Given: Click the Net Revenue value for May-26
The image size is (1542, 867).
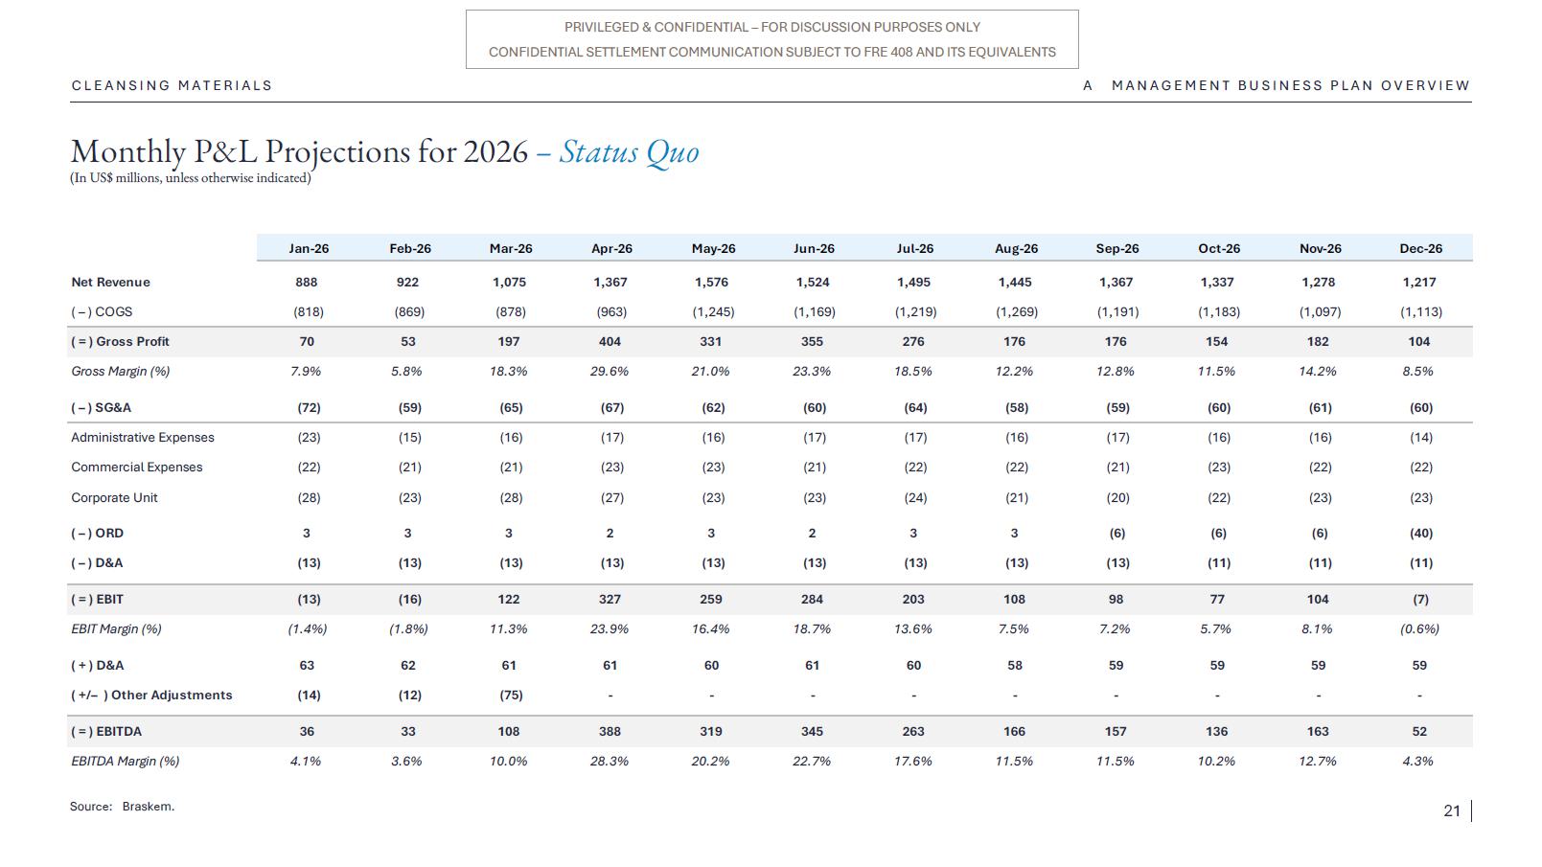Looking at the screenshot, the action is pyautogui.click(x=711, y=282).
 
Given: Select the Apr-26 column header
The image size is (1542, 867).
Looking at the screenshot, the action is pyautogui.click(x=611, y=248).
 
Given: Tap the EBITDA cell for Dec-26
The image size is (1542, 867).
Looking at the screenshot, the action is pyautogui.click(x=1419, y=732).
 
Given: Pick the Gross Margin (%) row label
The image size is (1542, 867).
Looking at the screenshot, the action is pyautogui.click(x=121, y=372).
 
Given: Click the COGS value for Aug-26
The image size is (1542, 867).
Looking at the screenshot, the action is pyautogui.click(x=1016, y=311).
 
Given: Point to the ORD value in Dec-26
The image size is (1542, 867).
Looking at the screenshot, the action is pyautogui.click(x=1421, y=534).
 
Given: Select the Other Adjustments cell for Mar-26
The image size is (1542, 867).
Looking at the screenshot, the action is pyautogui.click(x=511, y=695).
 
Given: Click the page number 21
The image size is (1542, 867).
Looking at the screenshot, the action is pyautogui.click(x=1452, y=811).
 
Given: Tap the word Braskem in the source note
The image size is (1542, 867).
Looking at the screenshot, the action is pyautogui.click(x=148, y=807).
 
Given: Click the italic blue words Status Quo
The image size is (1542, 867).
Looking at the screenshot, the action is pyautogui.click(x=629, y=152).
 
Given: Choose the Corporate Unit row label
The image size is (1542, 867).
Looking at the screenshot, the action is pyautogui.click(x=114, y=497).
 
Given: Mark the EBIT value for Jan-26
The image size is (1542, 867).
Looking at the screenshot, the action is pyautogui.click(x=309, y=600).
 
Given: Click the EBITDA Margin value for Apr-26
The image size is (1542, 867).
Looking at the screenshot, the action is pyautogui.click(x=610, y=762).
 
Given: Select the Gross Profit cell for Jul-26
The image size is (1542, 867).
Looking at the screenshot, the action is pyautogui.click(x=913, y=341).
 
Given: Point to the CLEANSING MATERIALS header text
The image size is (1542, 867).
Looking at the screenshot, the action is pyautogui.click(x=173, y=85).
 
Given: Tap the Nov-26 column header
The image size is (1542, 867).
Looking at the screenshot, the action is pyautogui.click(x=1321, y=248).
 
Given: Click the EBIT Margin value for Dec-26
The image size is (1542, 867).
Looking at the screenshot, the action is pyautogui.click(x=1419, y=628).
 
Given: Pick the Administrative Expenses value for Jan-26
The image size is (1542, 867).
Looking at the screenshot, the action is pyautogui.click(x=309, y=438).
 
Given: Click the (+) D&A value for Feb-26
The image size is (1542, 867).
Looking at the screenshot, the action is pyautogui.click(x=408, y=666).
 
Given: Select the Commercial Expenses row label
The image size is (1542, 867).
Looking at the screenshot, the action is pyautogui.click(x=137, y=468).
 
